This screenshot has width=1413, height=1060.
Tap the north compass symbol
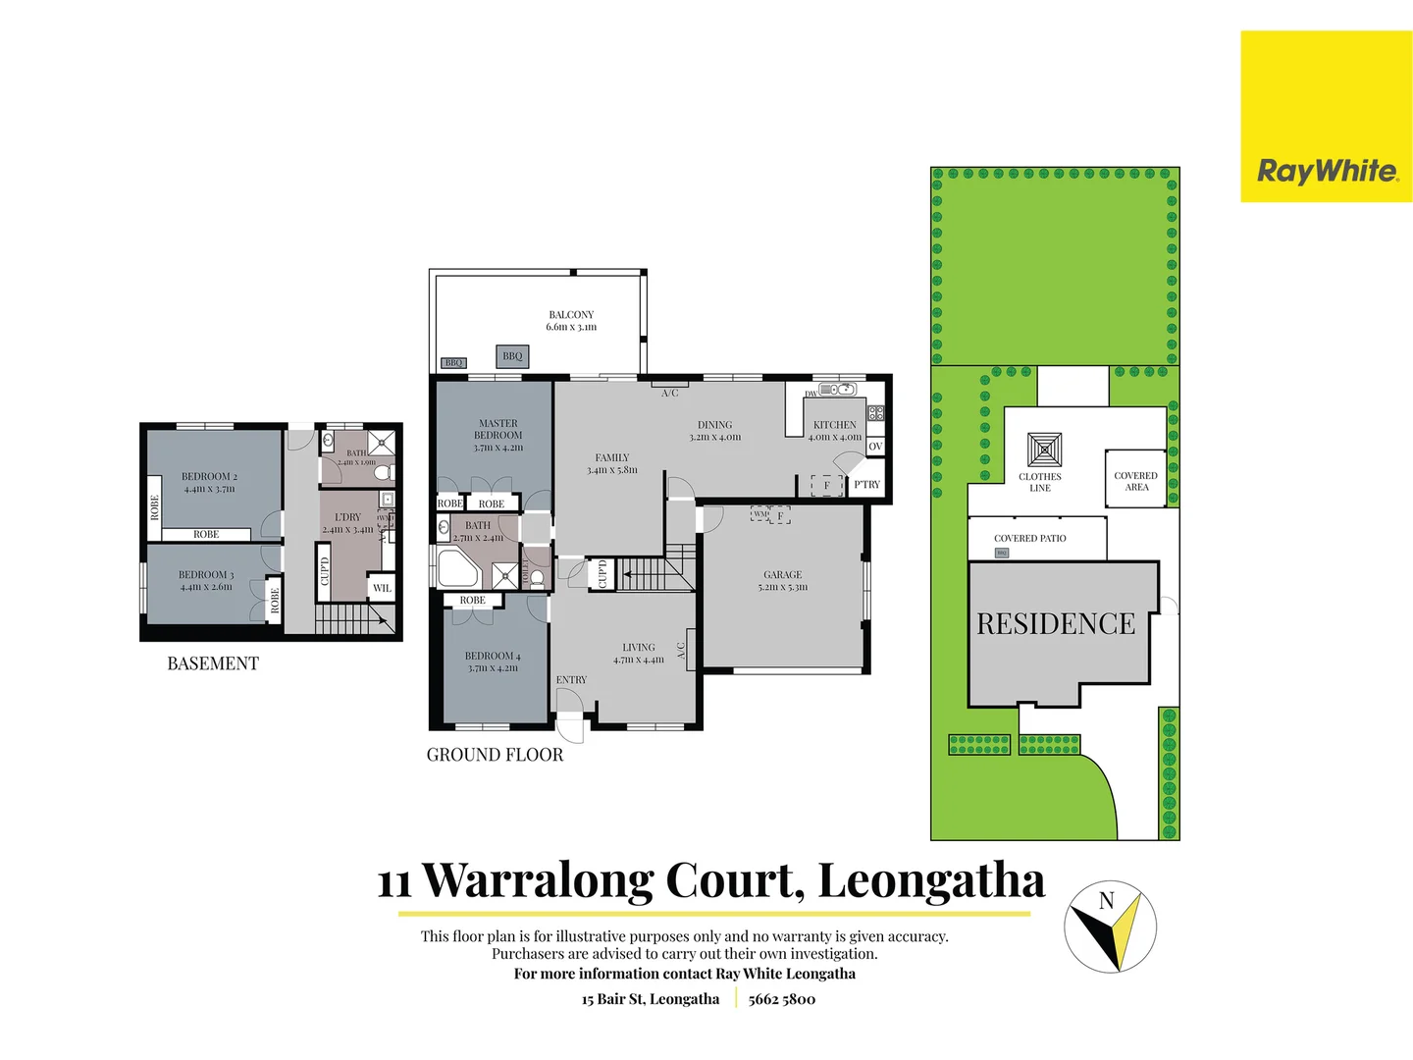point(1110,927)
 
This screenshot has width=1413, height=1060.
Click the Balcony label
point(571,321)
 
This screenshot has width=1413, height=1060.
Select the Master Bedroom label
point(498,435)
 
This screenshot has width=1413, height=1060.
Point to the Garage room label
point(783,581)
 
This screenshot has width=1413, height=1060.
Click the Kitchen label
point(835,431)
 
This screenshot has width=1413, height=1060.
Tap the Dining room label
point(715,431)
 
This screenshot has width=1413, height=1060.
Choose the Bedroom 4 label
point(493,662)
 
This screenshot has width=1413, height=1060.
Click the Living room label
point(639,653)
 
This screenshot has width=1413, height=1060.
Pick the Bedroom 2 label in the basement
point(209,482)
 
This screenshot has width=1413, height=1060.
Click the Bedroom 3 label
point(206,581)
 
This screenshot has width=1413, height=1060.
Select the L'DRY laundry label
point(348,523)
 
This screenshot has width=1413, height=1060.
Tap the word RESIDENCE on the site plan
point(1056,624)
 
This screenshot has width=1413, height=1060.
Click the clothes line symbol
point(1044,450)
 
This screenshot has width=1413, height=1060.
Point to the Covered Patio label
point(1029,539)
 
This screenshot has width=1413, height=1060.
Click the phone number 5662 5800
point(782,999)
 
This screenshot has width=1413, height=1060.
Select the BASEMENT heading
point(213,663)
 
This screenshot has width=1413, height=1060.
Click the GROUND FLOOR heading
point(495,755)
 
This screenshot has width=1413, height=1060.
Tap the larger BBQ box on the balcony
point(512,356)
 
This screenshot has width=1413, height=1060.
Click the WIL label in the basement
point(382,588)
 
